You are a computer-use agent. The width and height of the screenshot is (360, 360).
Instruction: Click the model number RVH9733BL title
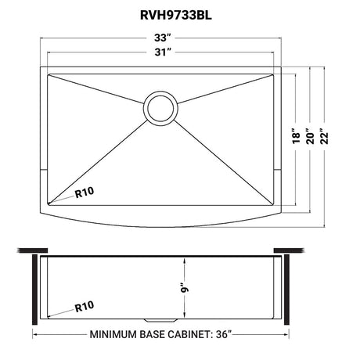pyautogui.click(x=176, y=16)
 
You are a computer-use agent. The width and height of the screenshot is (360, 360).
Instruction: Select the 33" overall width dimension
pyautogui.click(x=162, y=38)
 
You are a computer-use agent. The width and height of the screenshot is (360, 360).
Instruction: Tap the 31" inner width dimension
pyautogui.click(x=162, y=52)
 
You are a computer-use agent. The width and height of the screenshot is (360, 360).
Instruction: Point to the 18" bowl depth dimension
pyautogui.click(x=296, y=135)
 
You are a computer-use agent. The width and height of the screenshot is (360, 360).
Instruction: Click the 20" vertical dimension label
pyautogui.click(x=310, y=136)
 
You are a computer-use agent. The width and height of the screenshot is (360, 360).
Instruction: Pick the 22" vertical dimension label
pyautogui.click(x=325, y=136)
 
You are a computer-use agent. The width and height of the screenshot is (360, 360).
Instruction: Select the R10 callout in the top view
pyautogui.click(x=84, y=193)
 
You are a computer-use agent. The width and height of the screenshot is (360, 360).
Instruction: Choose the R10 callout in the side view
pyautogui.click(x=84, y=306)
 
